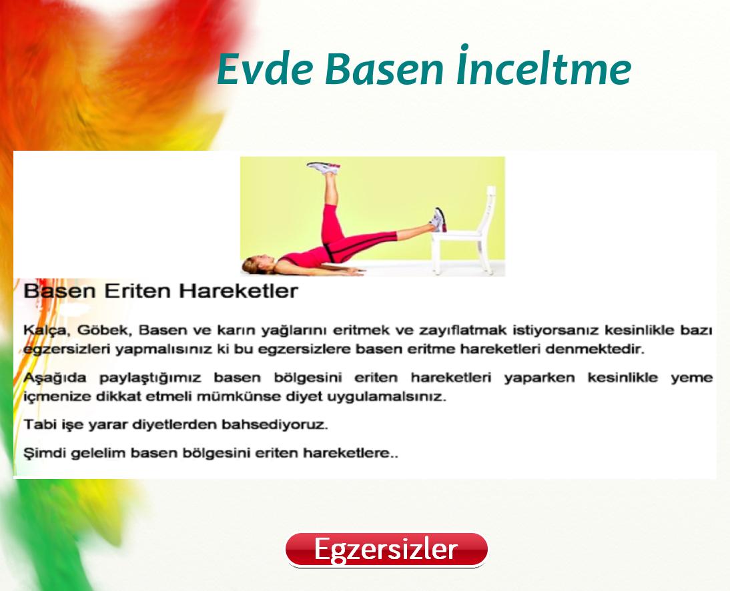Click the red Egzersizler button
click(386, 550)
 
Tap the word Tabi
click(37, 424)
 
